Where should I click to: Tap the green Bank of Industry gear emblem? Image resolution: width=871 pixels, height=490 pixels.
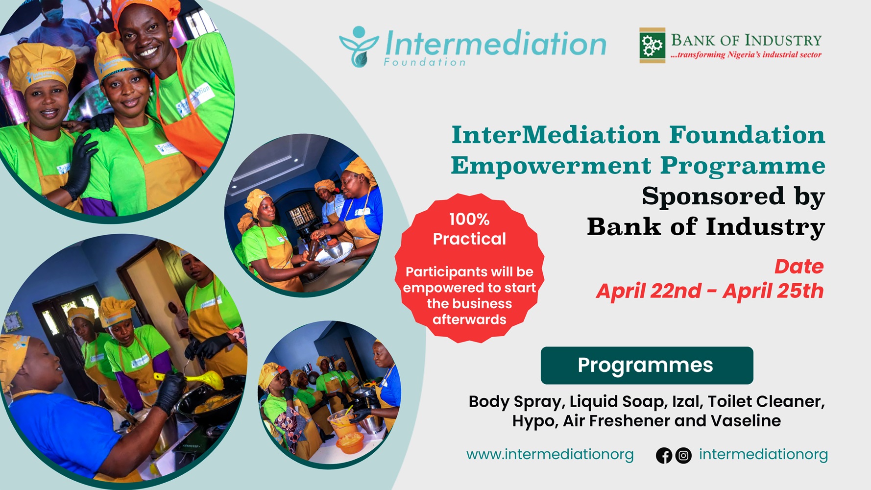point(652,46)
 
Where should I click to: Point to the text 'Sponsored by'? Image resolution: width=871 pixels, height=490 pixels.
point(733,196)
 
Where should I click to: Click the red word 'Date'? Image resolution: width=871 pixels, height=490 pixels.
point(798,267)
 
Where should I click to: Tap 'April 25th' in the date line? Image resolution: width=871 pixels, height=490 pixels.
point(773,291)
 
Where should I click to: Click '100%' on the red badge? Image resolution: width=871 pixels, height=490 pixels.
point(469,219)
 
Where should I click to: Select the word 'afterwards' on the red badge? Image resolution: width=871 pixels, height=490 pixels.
point(469,319)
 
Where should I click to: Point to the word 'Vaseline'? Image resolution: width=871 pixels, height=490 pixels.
point(746,421)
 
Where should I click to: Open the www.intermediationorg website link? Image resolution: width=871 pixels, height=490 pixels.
point(550,455)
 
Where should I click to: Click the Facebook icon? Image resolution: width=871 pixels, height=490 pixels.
point(664,456)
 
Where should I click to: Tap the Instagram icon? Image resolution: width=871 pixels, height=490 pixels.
point(683,456)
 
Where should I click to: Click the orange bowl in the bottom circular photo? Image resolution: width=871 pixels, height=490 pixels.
point(350,443)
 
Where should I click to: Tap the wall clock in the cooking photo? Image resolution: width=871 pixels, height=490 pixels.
point(12,321)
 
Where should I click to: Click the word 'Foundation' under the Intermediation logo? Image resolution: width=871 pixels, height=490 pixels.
point(424,62)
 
